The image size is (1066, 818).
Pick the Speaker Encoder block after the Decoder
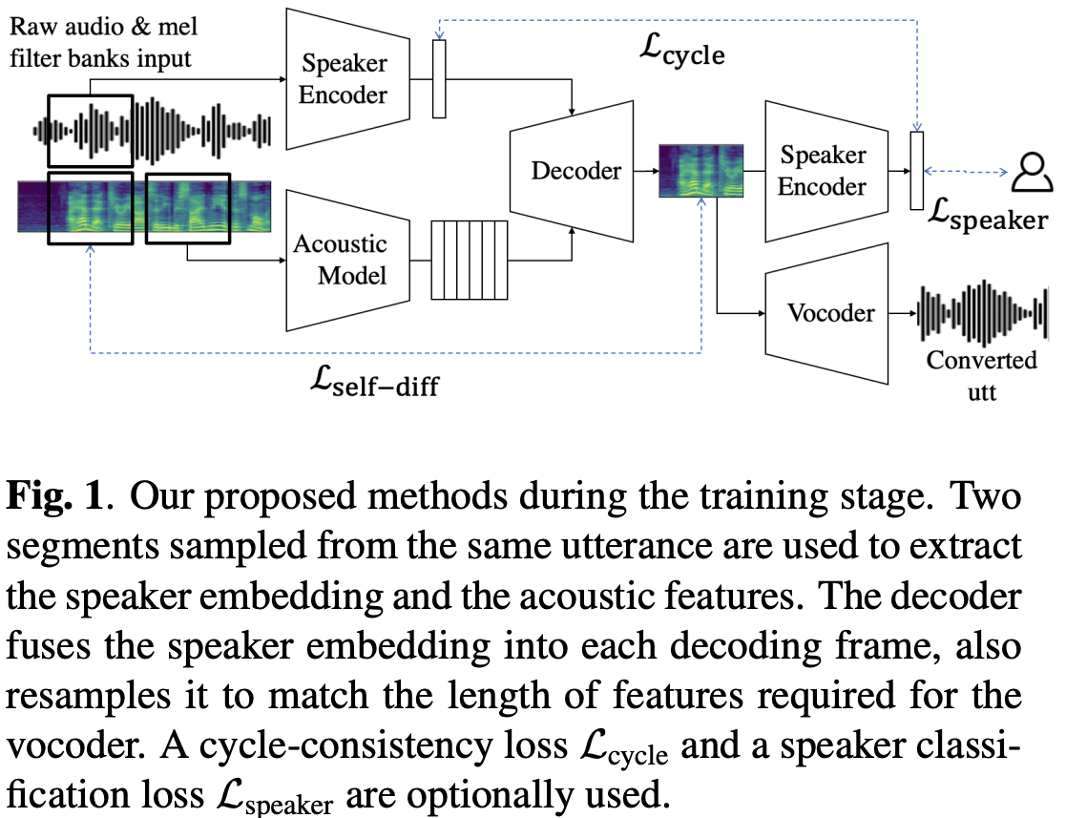(x=824, y=172)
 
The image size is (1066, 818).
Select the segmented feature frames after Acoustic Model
(x=469, y=260)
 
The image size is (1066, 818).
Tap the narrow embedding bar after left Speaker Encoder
(x=439, y=79)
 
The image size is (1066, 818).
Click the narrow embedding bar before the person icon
(x=917, y=172)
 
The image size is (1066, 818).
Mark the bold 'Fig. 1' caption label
(x=57, y=500)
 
